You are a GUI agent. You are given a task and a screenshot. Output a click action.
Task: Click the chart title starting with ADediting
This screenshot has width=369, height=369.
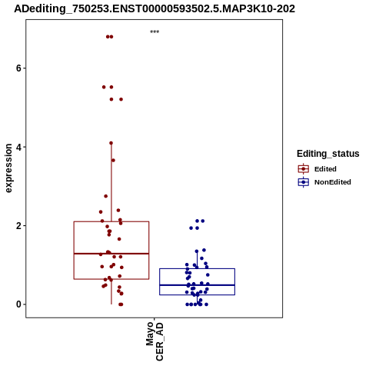(x=155, y=9)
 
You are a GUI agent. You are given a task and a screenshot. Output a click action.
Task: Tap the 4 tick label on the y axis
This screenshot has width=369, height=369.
(x=18, y=147)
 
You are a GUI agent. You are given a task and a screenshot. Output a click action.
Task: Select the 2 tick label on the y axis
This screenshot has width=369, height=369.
(x=18, y=226)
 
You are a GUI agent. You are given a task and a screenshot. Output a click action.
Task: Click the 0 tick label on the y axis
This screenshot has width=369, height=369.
(x=18, y=304)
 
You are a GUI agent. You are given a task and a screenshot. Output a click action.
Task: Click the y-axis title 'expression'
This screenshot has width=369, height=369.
(x=8, y=168)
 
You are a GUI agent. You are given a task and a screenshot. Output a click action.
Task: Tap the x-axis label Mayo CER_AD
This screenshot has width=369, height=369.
(x=155, y=341)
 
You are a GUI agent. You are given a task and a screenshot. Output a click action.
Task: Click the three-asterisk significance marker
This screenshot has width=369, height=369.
(x=155, y=32)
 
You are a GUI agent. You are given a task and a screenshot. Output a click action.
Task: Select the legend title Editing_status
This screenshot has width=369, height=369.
(x=328, y=154)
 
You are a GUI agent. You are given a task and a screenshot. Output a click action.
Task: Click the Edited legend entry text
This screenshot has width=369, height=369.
(x=325, y=169)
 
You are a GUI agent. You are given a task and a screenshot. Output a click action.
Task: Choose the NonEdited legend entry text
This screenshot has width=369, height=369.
(x=333, y=182)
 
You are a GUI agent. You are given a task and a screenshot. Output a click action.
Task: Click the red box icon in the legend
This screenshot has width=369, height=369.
(x=304, y=169)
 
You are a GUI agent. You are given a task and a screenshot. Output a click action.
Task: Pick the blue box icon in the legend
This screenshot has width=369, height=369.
(x=304, y=182)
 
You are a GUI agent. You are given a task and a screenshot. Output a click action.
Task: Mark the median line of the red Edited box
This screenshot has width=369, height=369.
(x=111, y=254)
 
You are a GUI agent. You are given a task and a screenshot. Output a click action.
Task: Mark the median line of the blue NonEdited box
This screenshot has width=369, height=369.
(x=197, y=285)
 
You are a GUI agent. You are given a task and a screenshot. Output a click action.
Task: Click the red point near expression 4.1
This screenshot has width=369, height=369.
(x=111, y=143)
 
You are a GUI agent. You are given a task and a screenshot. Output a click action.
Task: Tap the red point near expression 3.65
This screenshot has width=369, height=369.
(x=113, y=161)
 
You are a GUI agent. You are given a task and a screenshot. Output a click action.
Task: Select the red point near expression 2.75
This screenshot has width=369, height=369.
(x=106, y=196)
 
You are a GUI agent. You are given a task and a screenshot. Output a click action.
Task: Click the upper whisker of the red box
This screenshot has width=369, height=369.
(x=111, y=182)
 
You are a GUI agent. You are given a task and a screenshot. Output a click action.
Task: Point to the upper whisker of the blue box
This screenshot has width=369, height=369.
(x=197, y=260)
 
